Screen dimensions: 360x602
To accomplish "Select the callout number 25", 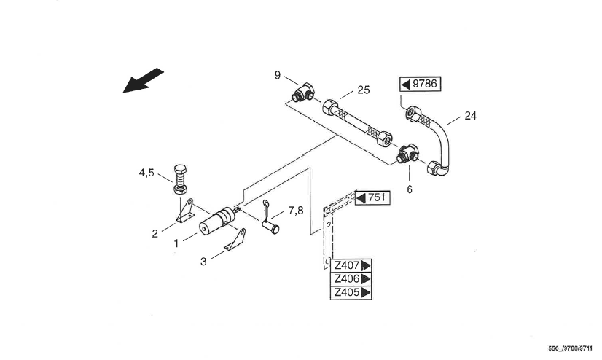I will (x=364, y=90).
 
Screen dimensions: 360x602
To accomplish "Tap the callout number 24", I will (x=470, y=115).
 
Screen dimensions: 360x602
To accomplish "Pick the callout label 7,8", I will (x=295, y=211).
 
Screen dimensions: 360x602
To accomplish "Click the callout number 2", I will (x=155, y=233).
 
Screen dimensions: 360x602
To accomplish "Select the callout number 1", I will (x=176, y=244).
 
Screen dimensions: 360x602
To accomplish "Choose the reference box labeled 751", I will (x=372, y=197).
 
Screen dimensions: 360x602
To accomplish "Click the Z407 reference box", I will (x=352, y=265).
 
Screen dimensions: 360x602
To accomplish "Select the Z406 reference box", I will (x=352, y=279).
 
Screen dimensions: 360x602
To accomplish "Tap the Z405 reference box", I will (x=352, y=293).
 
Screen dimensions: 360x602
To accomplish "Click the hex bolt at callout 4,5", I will (x=181, y=179).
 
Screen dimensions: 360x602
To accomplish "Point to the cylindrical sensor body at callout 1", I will (x=216, y=220).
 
